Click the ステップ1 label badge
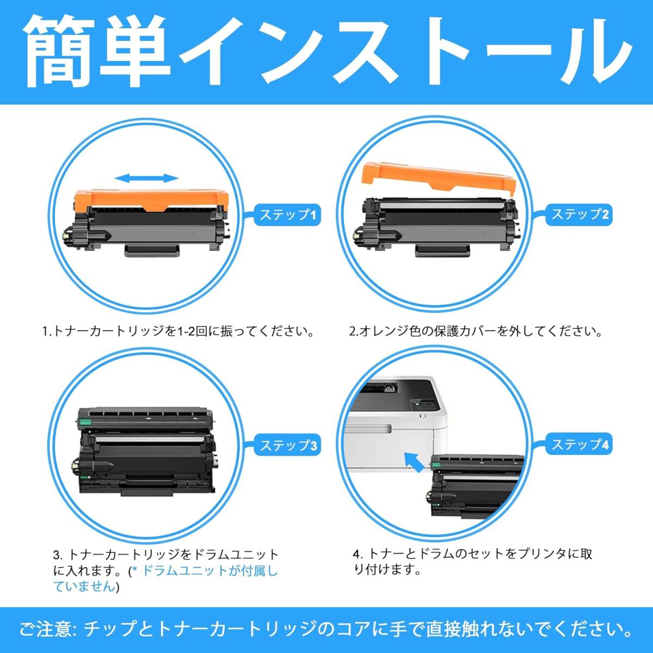pyautogui.click(x=287, y=214)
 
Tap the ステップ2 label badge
pyautogui.click(x=579, y=214)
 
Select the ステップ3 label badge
pyautogui.click(x=287, y=445)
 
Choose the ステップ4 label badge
pyautogui.click(x=579, y=444)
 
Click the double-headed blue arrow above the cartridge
pyautogui.click(x=146, y=178)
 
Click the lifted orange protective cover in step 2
pyautogui.click(x=439, y=180)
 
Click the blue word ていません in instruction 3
pyautogui.click(x=84, y=586)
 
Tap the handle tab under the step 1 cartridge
pyautogui.click(x=152, y=250)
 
